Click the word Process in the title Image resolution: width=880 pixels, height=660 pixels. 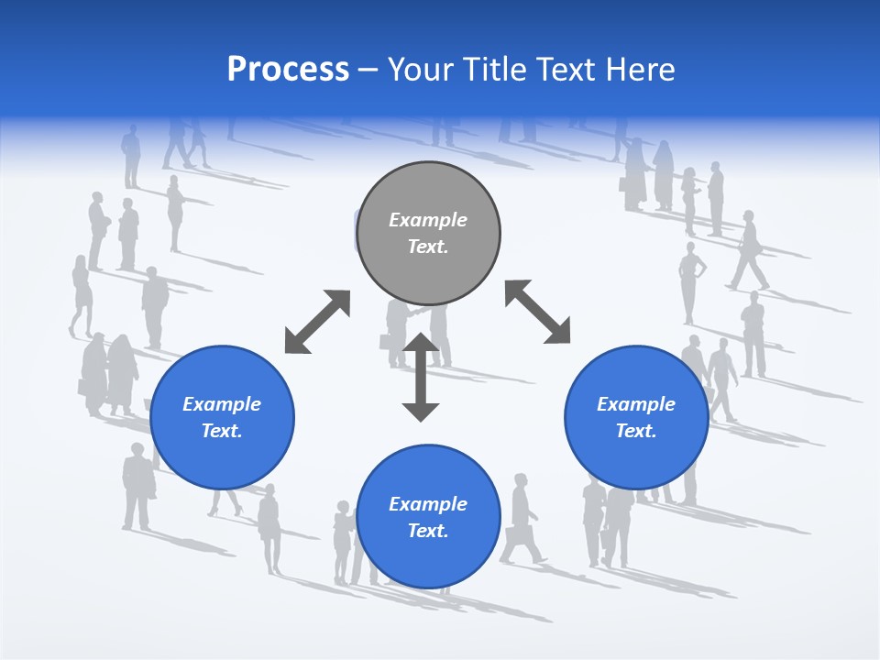point(288,70)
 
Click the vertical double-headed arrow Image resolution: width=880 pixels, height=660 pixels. point(421,377)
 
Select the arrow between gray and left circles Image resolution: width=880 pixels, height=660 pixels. point(317,322)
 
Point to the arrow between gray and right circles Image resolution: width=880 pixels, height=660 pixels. point(537,313)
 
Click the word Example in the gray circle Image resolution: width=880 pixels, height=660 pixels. point(428,220)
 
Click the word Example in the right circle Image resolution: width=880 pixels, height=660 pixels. point(636,404)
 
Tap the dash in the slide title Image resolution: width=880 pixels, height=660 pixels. point(368,70)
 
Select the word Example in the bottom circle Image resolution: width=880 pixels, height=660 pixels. point(428,504)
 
